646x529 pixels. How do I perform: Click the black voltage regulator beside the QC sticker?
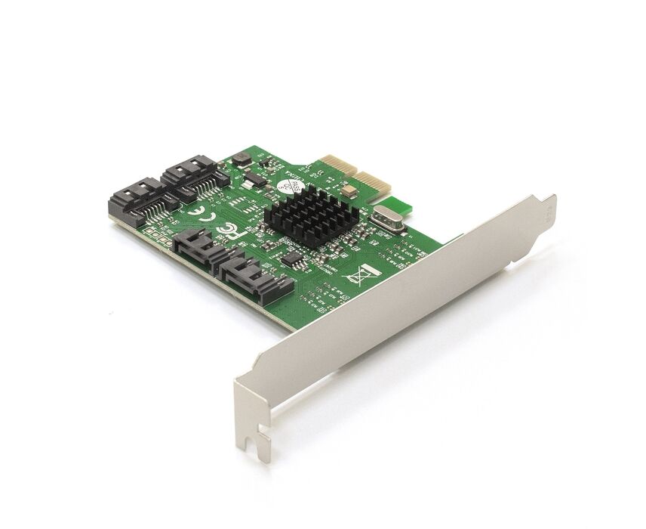tap(255, 180)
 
